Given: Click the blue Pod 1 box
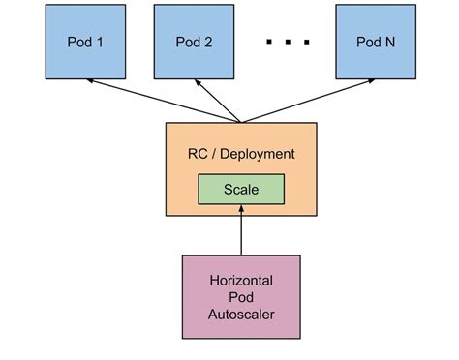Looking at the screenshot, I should pyautogui.click(x=86, y=42).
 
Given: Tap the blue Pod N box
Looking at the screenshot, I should pyautogui.click(x=374, y=42).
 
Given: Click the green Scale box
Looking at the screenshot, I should pyautogui.click(x=240, y=190).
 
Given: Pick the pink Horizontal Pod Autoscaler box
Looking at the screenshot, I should pyautogui.click(x=241, y=297).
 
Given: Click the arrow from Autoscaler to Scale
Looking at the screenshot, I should pyautogui.click(x=241, y=232).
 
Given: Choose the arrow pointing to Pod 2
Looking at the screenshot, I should pyautogui.click(x=219, y=101).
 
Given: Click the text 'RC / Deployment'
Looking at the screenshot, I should pyautogui.click(x=240, y=153).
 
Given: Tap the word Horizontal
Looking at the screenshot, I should pyautogui.click(x=241, y=281).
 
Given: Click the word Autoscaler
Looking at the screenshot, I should pyautogui.click(x=241, y=315).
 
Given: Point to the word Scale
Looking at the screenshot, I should pyautogui.click(x=240, y=190).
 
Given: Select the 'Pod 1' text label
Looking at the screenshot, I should pyautogui.click(x=86, y=42).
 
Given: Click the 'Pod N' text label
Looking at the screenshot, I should pyautogui.click(x=374, y=42).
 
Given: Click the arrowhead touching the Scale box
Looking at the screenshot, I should pyautogui.click(x=241, y=209).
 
